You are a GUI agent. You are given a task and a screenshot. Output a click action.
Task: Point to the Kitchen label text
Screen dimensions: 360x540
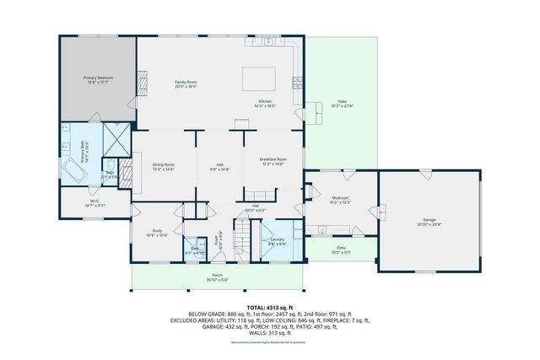pos(266,103)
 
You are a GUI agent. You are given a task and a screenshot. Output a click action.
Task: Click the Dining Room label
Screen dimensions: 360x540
pos(164,166)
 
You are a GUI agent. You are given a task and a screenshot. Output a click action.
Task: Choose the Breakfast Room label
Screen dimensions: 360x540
pos(273,161)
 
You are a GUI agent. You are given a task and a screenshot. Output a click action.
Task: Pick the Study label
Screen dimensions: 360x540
pos(157,232)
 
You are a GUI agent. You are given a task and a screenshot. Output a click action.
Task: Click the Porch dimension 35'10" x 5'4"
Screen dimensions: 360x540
pos(218,280)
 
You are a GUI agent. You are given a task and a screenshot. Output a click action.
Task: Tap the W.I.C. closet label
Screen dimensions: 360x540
pos(94,202)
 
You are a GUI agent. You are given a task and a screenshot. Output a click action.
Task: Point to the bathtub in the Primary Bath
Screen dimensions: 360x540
pos(73,172)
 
